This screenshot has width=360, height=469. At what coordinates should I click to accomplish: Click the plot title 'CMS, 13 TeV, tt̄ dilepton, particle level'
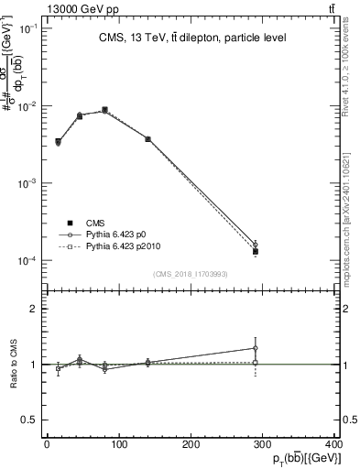(x=193, y=38)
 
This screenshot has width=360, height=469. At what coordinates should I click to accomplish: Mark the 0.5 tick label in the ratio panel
(x=29, y=420)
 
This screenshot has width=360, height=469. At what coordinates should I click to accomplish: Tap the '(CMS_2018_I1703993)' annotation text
(x=191, y=274)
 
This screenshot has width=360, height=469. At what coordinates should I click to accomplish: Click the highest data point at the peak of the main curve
(x=104, y=110)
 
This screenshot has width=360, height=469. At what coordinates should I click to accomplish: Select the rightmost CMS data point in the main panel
(x=256, y=251)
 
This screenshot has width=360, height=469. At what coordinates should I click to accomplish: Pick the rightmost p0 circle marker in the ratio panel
(x=256, y=348)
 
